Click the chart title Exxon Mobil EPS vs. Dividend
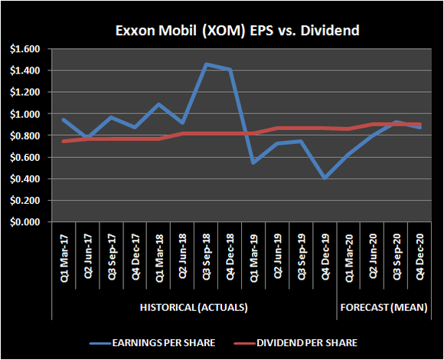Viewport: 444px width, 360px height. [x=221, y=31]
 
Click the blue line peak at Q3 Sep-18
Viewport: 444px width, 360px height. [x=205, y=64]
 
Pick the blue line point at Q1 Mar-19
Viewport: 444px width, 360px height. [x=252, y=162]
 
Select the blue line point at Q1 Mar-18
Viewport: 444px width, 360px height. [x=158, y=104]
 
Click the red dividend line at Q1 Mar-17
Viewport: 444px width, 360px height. [x=64, y=141]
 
